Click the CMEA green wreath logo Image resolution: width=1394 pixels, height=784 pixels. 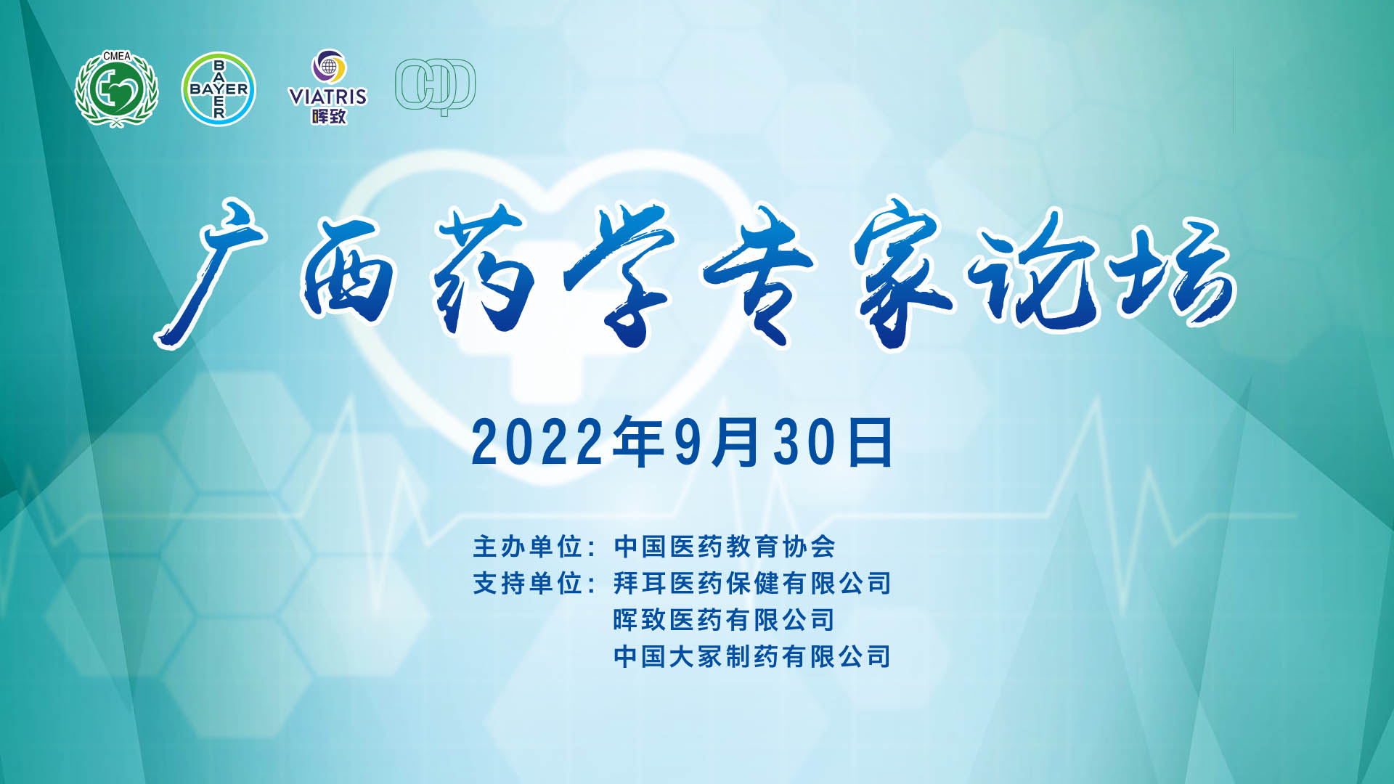pos(116,89)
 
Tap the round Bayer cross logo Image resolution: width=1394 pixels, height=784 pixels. pos(219,89)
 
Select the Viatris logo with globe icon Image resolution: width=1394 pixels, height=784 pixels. pos(328,86)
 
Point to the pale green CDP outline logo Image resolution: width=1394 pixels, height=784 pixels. pos(435,86)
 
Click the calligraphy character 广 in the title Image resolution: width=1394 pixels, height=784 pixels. pos(211,272)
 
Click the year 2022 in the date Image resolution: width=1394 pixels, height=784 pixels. pos(537,442)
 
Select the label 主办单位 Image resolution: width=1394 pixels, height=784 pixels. pos(528,547)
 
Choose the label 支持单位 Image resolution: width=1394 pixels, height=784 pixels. pos(528,583)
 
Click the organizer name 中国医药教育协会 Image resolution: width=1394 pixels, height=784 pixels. pos(725,547)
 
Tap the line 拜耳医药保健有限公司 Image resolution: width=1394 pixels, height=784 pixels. pos(752,583)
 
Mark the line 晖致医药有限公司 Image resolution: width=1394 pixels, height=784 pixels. pos(724,620)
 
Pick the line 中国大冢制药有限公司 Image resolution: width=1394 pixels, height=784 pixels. pos(752,656)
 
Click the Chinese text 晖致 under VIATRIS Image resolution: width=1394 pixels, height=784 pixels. pos(329,116)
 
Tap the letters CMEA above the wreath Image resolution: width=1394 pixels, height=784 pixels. pos(117,56)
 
